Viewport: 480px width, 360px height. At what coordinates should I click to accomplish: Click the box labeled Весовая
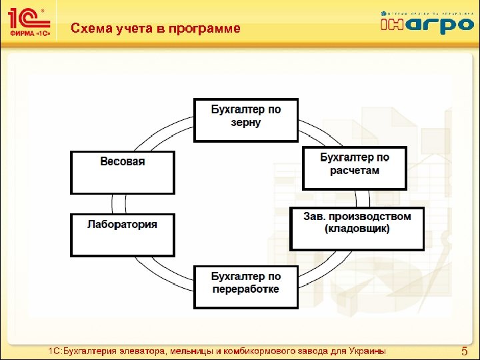pyautogui.click(x=123, y=172)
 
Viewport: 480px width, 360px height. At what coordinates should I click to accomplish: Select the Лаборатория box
pyautogui.click(x=123, y=235)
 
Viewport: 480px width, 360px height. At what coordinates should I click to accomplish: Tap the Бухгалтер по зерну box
pyautogui.click(x=246, y=120)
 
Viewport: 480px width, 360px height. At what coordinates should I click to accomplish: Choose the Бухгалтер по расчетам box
pyautogui.click(x=354, y=168)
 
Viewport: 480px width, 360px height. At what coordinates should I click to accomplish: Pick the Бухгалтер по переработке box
pyautogui.click(x=246, y=287)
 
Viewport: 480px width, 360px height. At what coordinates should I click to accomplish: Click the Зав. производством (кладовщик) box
pyautogui.click(x=357, y=229)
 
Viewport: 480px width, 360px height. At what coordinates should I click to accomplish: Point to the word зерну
pyautogui.click(x=246, y=123)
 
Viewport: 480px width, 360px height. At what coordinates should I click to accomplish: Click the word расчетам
pyautogui.click(x=354, y=171)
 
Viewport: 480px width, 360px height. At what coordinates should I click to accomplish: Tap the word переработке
pyautogui.click(x=246, y=289)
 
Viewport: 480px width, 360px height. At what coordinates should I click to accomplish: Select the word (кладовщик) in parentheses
pyautogui.click(x=357, y=229)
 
